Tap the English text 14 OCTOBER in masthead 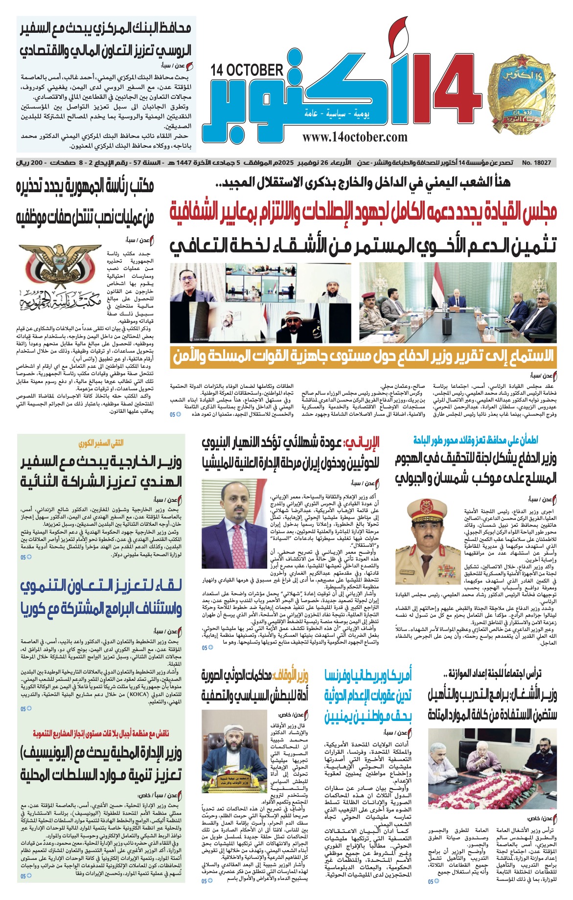(248, 70)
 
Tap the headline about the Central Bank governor (105, 40)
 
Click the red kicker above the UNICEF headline (101, 734)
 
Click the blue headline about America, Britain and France (368, 695)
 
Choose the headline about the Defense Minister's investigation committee (476, 468)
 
